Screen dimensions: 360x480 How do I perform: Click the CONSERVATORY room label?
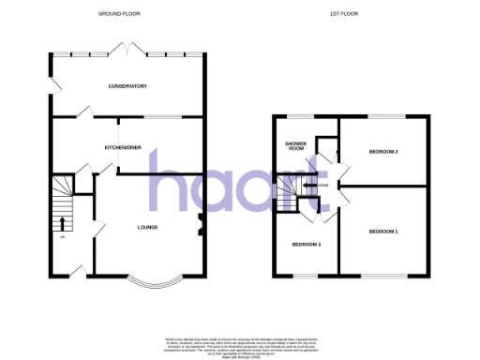[127, 86]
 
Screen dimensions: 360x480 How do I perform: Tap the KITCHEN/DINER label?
[124, 148]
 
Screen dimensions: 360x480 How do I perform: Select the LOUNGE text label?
[147, 227]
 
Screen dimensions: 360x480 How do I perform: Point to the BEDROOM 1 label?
[382, 232]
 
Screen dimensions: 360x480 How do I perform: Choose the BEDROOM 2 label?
[383, 151]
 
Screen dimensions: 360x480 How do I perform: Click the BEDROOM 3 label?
[307, 245]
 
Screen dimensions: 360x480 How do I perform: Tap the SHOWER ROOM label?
[296, 146]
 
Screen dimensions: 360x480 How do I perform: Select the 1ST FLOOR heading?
[345, 14]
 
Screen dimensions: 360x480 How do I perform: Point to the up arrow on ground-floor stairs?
[63, 223]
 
